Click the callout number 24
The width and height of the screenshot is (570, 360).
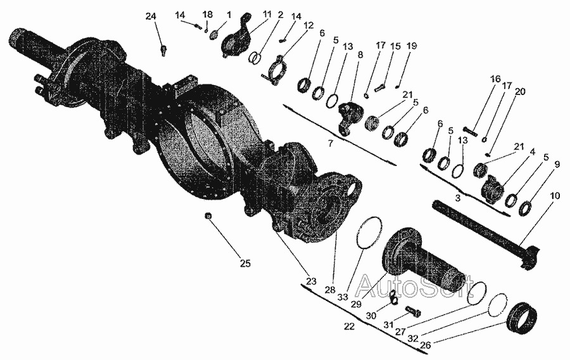pyautogui.click(x=151, y=16)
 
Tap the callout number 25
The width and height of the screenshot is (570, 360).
pyautogui.click(x=245, y=263)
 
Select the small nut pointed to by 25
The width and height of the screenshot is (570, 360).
pyautogui.click(x=208, y=215)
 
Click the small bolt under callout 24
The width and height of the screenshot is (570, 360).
pyautogui.click(x=163, y=50)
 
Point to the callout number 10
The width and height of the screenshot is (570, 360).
pyautogui.click(x=555, y=195)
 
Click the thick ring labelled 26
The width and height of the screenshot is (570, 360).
pyautogui.click(x=522, y=318)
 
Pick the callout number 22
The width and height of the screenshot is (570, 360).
pyautogui.click(x=349, y=326)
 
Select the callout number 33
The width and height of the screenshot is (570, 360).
pyautogui.click(x=343, y=297)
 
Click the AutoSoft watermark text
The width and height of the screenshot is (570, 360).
pyautogui.click(x=414, y=285)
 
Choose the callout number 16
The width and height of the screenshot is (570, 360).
pyautogui.click(x=495, y=79)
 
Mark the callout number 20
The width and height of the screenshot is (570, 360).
pyautogui.click(x=520, y=91)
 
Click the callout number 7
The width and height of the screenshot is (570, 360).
pyautogui.click(x=330, y=143)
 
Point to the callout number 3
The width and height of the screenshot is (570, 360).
pyautogui.click(x=458, y=198)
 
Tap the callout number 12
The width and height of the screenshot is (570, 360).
pyautogui.click(x=308, y=25)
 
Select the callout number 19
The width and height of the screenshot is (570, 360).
pyautogui.click(x=412, y=46)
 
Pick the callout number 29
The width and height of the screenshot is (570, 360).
pyautogui.click(x=356, y=304)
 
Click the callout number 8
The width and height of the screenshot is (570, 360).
pyautogui.click(x=360, y=55)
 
